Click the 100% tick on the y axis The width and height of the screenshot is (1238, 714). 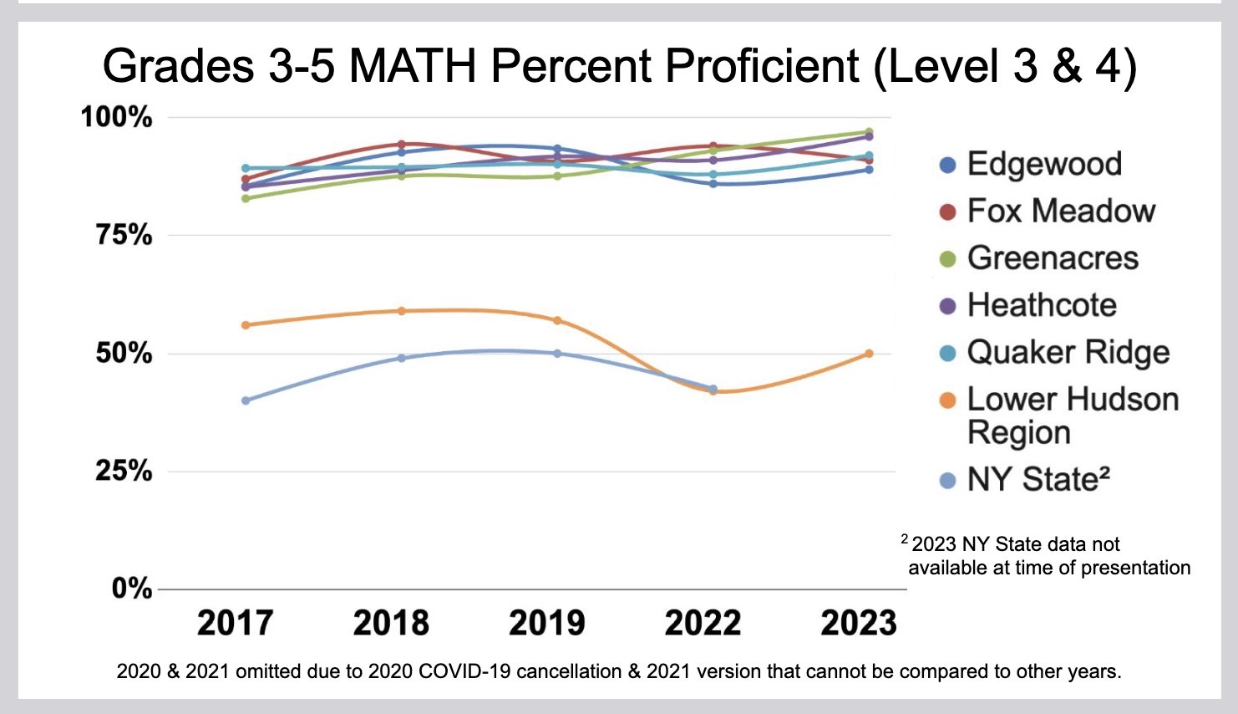116,116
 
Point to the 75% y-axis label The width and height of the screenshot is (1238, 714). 124,235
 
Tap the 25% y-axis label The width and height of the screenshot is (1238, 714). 124,471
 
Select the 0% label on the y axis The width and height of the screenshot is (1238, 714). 132,589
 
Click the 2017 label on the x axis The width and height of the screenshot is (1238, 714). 235,623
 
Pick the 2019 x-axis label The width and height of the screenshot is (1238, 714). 546,623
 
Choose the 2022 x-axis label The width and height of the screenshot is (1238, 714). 703,623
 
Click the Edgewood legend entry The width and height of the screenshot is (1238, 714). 1043,164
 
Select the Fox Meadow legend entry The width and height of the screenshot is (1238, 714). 1060,211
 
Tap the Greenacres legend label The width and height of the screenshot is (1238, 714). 1052,258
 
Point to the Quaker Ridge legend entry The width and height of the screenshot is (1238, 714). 1068,352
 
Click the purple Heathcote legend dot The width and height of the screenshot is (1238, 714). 947,306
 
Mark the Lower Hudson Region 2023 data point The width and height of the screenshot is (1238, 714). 869,354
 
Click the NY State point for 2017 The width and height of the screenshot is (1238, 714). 246,400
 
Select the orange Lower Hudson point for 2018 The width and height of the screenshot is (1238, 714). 402,311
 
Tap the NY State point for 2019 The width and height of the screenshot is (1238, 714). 557,354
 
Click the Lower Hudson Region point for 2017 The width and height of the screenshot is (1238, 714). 246,324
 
